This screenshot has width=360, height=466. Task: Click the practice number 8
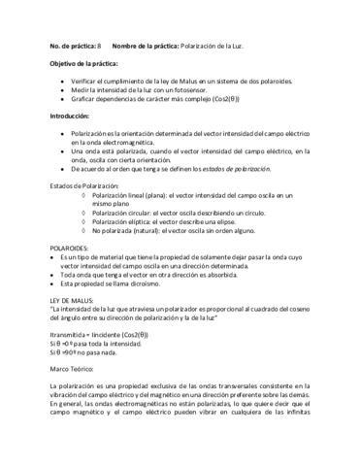click(x=99, y=47)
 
